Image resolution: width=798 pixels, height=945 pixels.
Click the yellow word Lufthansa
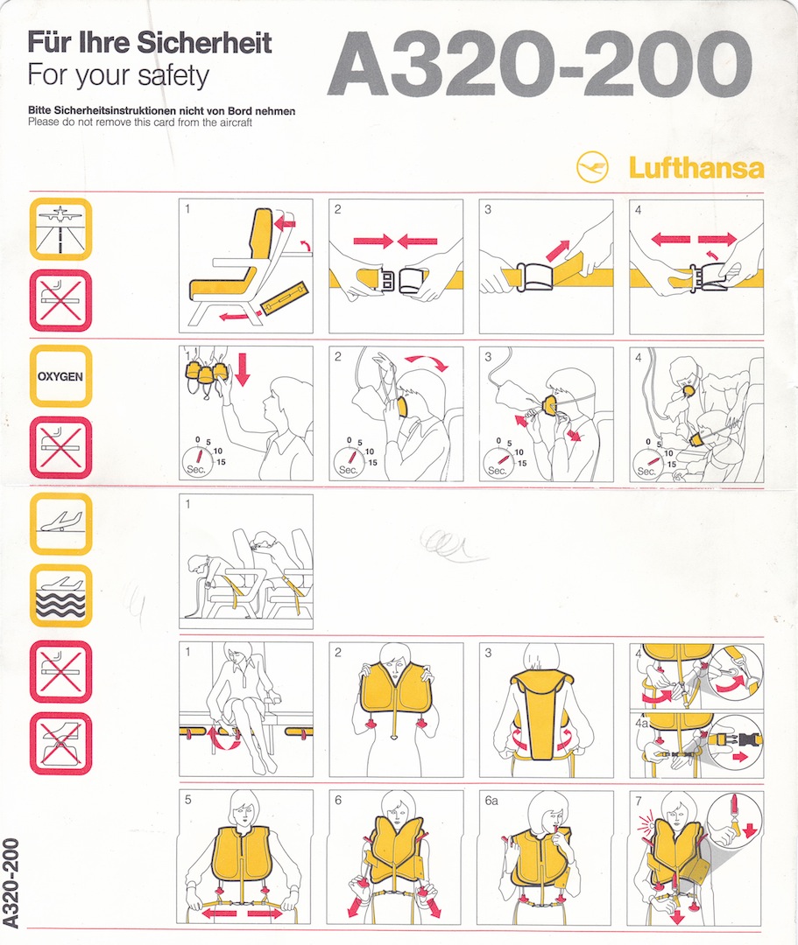696,167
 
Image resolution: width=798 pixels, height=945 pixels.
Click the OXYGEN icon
60,376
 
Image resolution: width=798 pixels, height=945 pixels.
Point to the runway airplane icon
60,229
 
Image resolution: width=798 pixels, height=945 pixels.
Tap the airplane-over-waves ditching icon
60,595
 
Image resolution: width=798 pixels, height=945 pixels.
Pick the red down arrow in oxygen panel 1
244,367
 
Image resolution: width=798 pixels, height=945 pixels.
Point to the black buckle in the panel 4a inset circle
745,739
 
